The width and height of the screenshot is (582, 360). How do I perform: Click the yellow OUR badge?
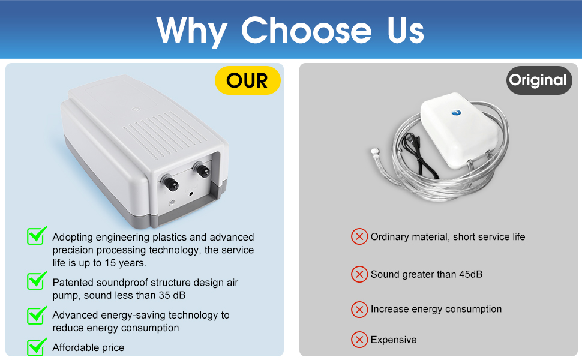tap(248, 80)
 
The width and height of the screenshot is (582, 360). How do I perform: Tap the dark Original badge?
tap(539, 80)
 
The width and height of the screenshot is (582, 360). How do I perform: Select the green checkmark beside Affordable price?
tap(37, 346)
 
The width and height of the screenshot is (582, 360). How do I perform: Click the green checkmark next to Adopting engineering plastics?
tap(37, 236)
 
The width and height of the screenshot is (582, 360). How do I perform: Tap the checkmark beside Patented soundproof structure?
tap(37, 281)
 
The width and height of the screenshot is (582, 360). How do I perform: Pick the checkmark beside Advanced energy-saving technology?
tap(37, 315)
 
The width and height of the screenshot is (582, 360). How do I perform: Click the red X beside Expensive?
tap(359, 339)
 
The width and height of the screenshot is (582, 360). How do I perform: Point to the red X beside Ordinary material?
tap(359, 236)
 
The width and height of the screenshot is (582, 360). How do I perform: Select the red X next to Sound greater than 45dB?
tap(359, 274)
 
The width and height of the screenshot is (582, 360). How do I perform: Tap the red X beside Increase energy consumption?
tap(359, 309)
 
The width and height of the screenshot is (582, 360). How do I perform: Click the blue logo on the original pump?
tap(457, 112)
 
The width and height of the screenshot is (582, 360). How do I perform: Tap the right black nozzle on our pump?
tap(202, 169)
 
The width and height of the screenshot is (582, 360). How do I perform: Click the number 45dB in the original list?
tap(470, 274)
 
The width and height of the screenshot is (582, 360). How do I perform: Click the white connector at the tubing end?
tap(374, 151)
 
